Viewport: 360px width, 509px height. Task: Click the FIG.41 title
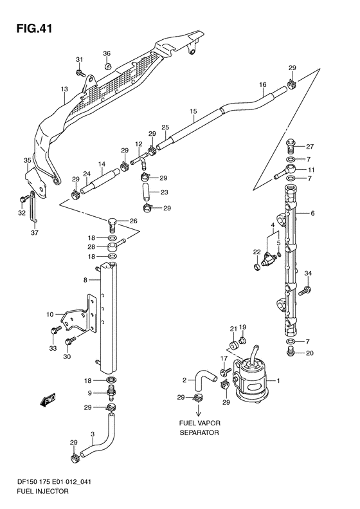coord(34,28)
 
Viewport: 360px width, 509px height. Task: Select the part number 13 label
coord(64,89)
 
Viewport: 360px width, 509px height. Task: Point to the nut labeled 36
coord(107,66)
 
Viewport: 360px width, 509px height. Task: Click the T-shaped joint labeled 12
coord(139,161)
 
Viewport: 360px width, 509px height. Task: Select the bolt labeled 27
coord(291,146)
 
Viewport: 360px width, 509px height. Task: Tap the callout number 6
coord(312,213)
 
